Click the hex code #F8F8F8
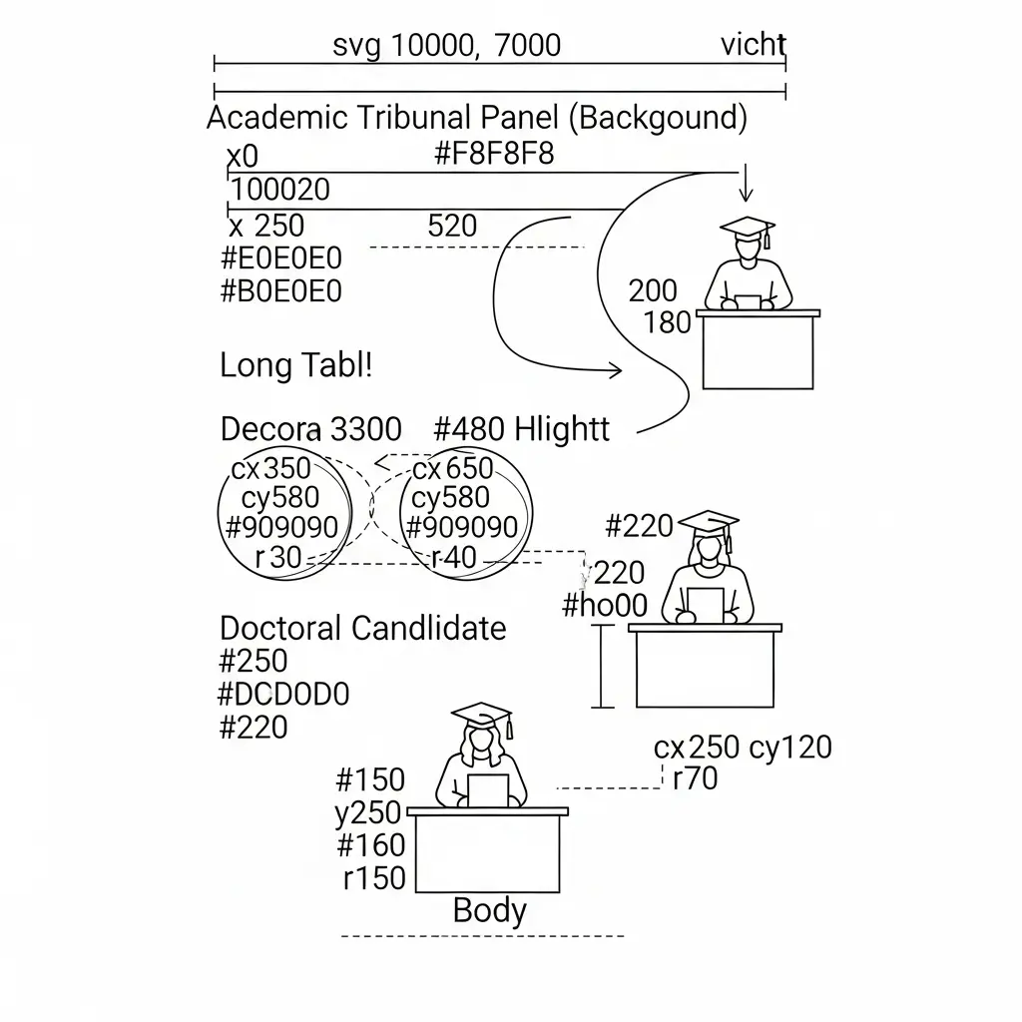coord(494,155)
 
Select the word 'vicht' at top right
coord(754,45)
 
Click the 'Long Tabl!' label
coord(295,365)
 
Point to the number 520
coord(452,226)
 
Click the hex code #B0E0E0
coord(280,291)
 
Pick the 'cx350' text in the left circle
coord(270,468)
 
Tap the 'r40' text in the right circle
coord(454,558)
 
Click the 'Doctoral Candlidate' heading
coord(362,629)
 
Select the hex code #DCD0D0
coord(284,694)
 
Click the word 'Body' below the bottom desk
coord(489,910)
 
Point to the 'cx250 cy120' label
coord(743,747)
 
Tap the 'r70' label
coord(695,778)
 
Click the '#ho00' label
coord(605,605)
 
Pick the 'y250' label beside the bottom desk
coord(367,813)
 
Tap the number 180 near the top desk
coord(668,322)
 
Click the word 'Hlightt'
coord(563,430)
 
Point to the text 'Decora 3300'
coord(310,430)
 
